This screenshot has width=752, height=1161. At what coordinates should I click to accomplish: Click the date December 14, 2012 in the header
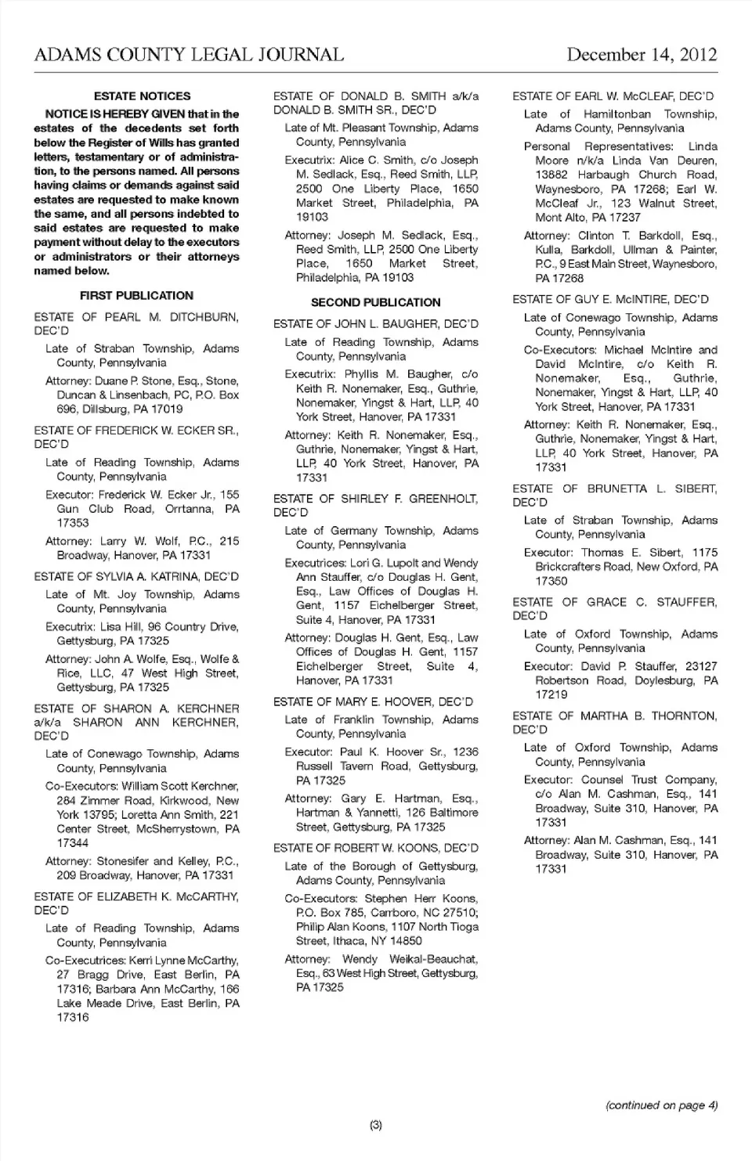(x=642, y=54)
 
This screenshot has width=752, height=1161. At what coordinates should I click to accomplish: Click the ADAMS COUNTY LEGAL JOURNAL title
(x=189, y=54)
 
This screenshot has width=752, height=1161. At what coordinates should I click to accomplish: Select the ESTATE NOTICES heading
(x=142, y=96)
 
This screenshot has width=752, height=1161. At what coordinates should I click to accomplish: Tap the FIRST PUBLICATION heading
(x=136, y=295)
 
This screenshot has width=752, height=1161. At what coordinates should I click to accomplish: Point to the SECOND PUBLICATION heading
(x=375, y=302)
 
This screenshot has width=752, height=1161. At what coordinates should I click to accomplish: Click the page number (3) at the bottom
(x=375, y=1125)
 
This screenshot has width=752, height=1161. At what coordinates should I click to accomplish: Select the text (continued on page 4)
(x=661, y=1105)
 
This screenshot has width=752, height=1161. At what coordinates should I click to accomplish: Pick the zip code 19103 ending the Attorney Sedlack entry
(x=397, y=277)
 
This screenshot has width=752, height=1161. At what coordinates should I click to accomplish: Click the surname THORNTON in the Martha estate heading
(x=684, y=716)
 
